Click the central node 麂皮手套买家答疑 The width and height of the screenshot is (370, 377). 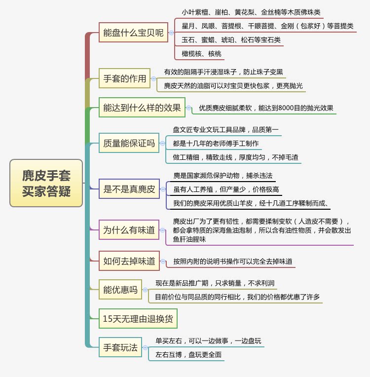[46, 183]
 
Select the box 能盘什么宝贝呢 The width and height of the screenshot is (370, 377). [133, 33]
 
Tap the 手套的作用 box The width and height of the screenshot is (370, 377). [125, 78]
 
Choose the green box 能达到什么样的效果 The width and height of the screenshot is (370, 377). [142, 108]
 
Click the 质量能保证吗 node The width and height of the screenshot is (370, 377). [129, 144]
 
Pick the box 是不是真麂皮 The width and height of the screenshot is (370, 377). [129, 189]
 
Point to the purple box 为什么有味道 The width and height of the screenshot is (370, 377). [129, 229]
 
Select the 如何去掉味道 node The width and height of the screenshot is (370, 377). [129, 261]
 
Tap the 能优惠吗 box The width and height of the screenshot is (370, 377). [120, 290]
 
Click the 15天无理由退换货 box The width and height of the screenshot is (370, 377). [138, 319]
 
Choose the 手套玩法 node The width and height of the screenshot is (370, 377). [120, 347]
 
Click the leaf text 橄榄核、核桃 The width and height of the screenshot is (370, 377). [201, 53]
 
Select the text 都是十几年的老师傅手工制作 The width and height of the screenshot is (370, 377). [216, 144]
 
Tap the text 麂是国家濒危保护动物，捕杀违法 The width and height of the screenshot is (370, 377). [222, 176]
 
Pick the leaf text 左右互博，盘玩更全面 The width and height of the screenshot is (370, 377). [188, 354]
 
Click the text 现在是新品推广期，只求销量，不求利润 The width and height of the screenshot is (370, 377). [215, 283]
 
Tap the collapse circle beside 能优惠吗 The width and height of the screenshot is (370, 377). [145, 290]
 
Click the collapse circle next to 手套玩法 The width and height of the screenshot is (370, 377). [145, 347]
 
